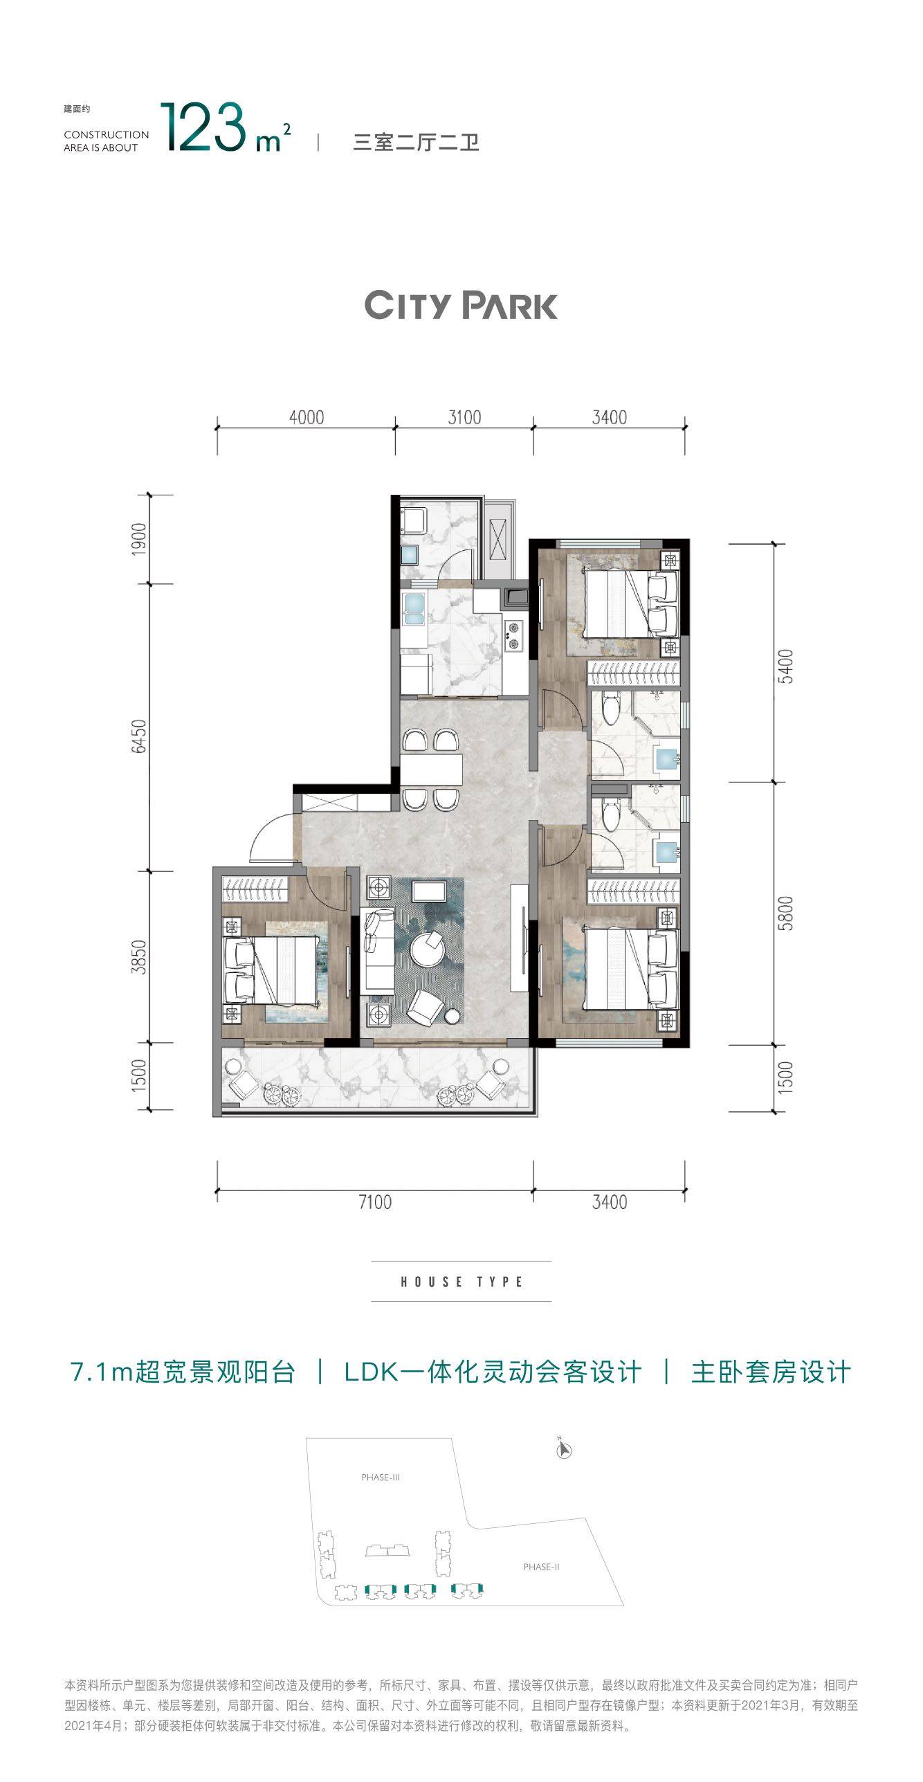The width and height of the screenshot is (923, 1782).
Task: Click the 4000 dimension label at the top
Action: (307, 417)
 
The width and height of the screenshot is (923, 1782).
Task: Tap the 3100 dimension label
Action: (464, 417)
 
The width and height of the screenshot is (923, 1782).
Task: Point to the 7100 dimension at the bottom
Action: (375, 1202)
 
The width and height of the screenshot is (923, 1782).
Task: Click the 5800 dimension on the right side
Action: (785, 913)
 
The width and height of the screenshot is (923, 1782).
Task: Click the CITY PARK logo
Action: (461, 305)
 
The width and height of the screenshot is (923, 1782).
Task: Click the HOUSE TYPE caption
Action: (461, 1282)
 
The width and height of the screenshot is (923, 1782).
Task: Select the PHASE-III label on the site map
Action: (381, 1478)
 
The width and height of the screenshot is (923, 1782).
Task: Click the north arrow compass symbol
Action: (564, 1448)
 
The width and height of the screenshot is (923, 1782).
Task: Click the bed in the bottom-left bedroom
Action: (273, 970)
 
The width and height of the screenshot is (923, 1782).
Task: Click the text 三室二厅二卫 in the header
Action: (417, 143)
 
